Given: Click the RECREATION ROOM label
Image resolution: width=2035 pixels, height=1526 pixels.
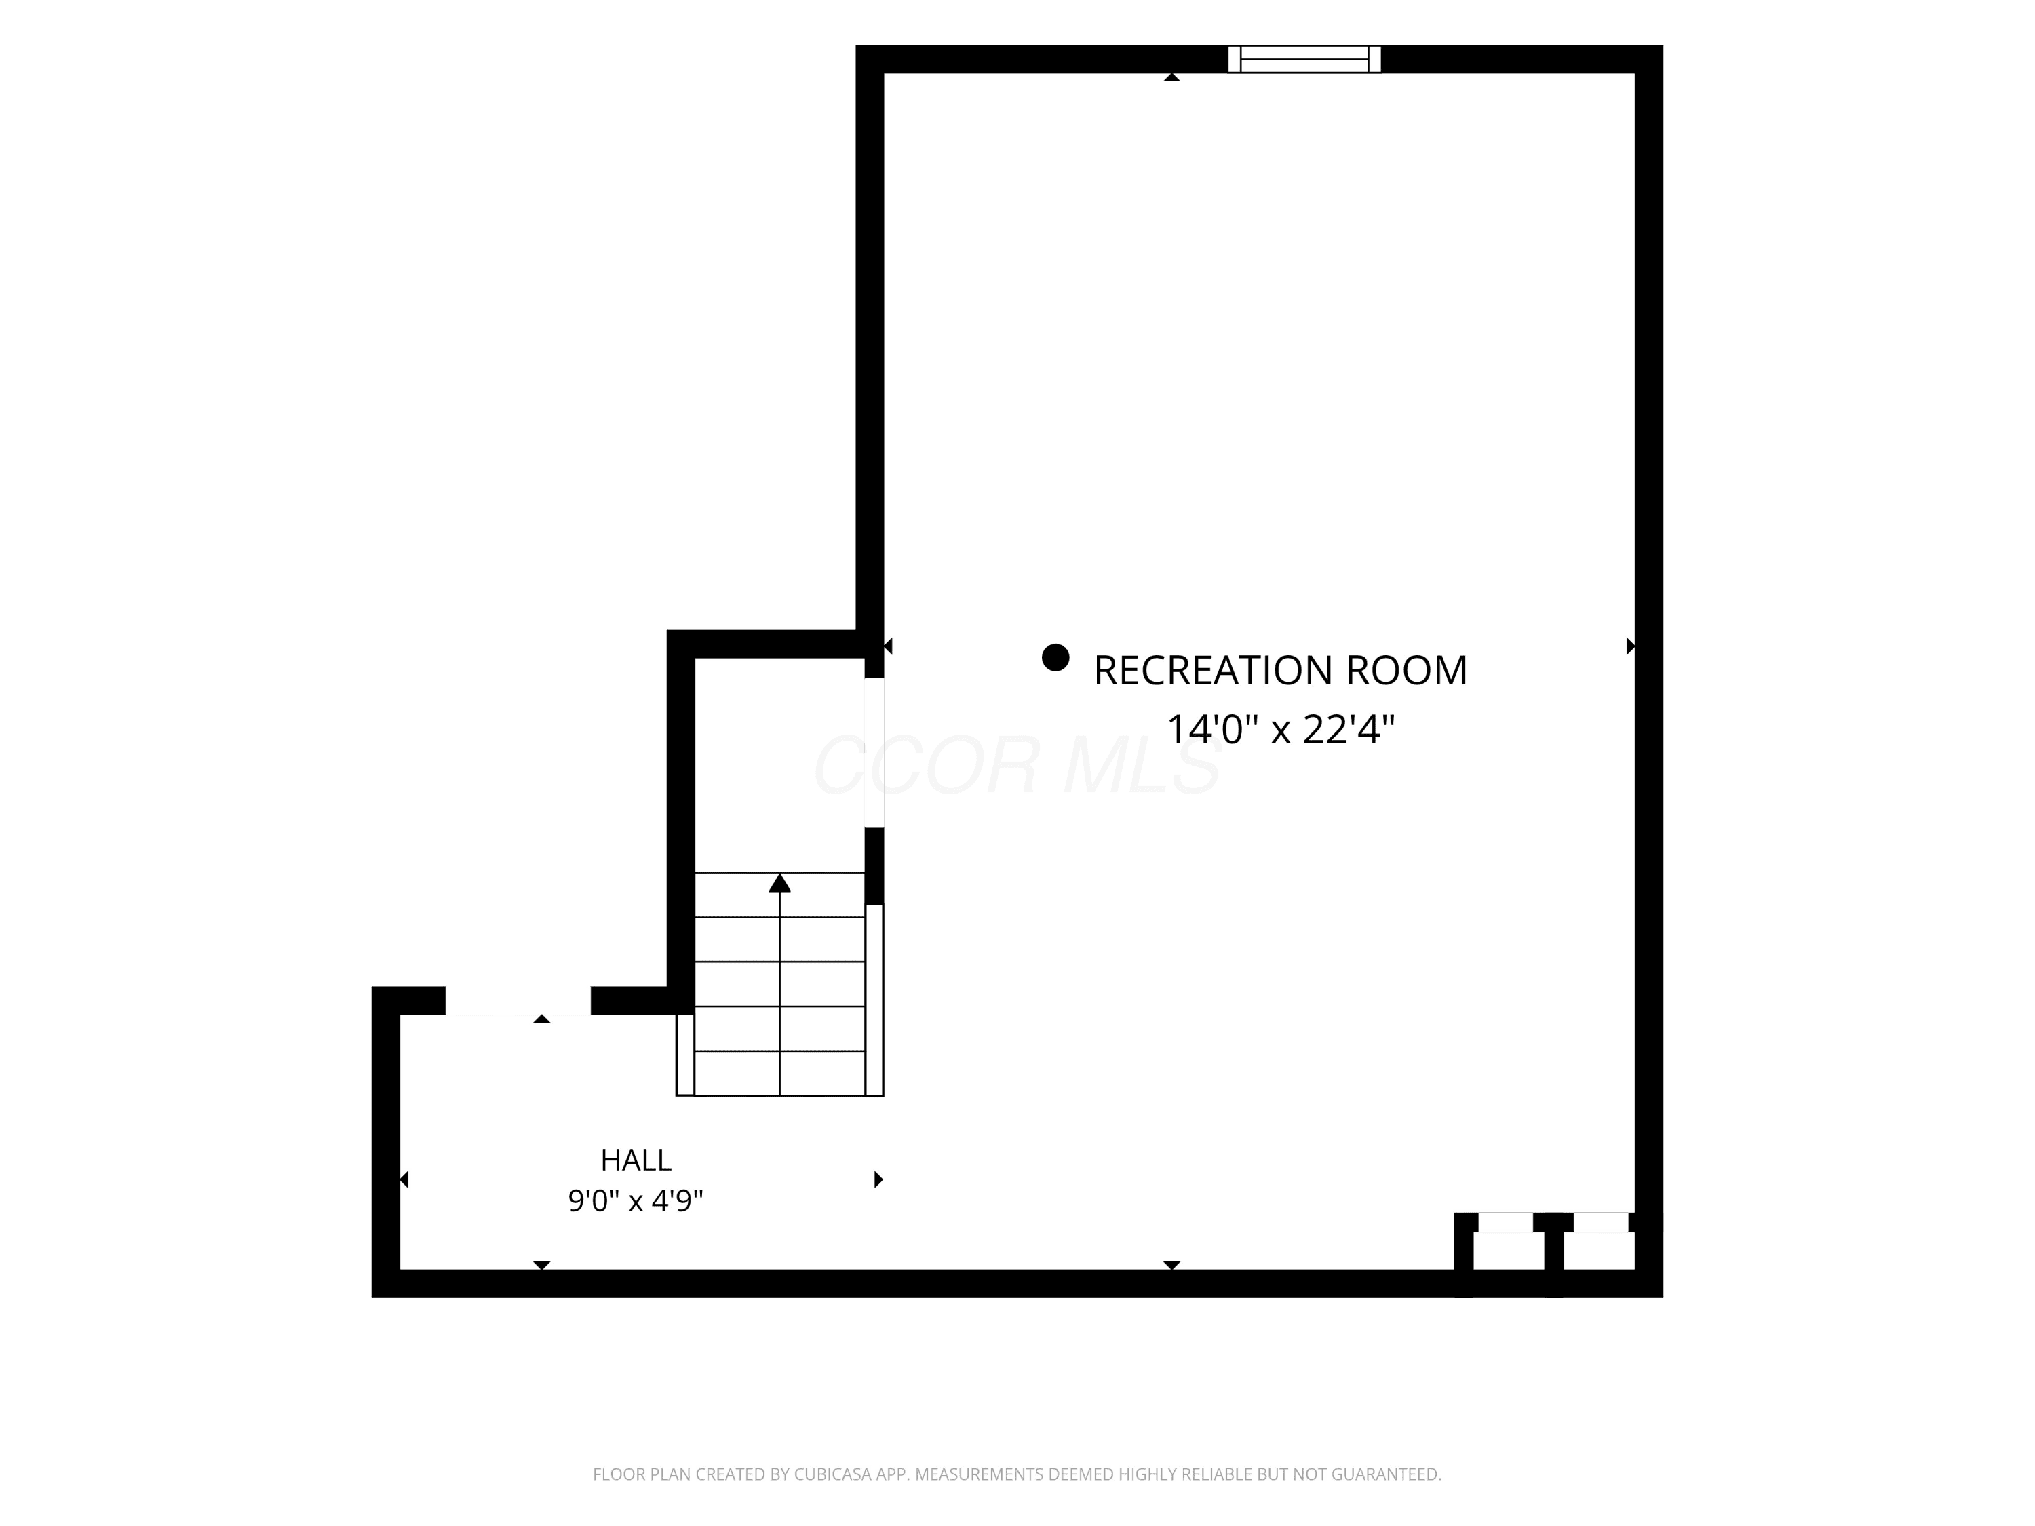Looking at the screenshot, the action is coord(1280,671).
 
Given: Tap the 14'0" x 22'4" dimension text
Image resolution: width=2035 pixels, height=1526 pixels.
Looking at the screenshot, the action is coord(1281,729).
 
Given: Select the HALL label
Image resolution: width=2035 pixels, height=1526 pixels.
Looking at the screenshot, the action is coord(636,1160).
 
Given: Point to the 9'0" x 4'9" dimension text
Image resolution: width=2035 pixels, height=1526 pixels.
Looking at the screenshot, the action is coord(636,1200).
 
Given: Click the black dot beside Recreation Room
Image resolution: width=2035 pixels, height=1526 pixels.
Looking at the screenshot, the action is coord(1055,658).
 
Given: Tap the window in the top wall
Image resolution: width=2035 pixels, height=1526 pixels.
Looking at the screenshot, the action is coord(1304,59).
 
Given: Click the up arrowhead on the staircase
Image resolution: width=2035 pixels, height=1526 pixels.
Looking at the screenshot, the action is coord(780,882).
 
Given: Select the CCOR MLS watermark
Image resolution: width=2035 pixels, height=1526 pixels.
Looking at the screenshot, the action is coord(1017,765).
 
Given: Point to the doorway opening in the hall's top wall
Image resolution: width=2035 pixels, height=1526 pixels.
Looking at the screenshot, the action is coord(518,1001).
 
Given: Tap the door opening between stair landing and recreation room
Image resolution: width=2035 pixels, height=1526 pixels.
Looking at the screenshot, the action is coord(874,752).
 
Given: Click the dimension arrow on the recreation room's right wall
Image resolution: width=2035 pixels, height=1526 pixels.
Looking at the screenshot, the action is coord(1630,646).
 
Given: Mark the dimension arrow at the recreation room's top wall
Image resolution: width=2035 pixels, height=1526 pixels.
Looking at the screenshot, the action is coord(1171,77).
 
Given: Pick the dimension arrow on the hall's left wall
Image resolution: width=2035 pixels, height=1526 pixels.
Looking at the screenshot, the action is coord(404,1179).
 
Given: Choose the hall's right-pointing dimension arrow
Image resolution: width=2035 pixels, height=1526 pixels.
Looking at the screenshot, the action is coord(878,1179).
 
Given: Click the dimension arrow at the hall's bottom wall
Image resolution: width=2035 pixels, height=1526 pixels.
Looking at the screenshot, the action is coord(542,1266).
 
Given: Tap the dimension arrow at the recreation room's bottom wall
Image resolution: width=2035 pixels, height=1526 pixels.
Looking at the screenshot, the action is coord(1171,1266).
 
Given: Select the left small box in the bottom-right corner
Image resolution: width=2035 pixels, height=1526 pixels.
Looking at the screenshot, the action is coord(1508,1251).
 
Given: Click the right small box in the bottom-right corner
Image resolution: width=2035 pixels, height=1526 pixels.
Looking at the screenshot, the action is coord(1599,1251).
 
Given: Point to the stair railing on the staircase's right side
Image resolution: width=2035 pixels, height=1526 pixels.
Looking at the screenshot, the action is coord(874,1000).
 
